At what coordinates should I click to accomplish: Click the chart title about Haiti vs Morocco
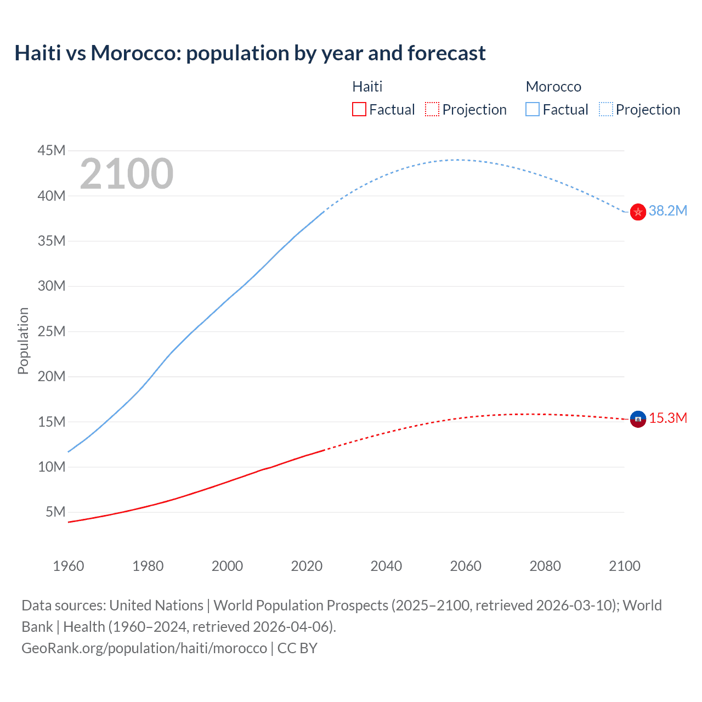[x=250, y=53]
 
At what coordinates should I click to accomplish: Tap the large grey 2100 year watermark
[x=127, y=174]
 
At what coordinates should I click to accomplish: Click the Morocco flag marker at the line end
[x=638, y=212]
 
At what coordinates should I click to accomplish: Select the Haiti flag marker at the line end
[x=638, y=419]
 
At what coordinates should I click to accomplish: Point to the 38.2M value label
[x=667, y=211]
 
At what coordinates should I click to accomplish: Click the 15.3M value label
[x=667, y=418]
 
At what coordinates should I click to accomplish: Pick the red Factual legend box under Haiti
[x=359, y=110]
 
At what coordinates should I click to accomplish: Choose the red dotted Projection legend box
[x=432, y=110]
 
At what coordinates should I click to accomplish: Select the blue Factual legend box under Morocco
[x=533, y=110]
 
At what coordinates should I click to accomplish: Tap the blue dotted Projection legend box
[x=606, y=110]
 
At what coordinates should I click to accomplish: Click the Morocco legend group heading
[x=553, y=87]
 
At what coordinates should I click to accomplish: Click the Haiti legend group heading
[x=367, y=87]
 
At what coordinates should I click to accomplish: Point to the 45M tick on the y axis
[x=52, y=150]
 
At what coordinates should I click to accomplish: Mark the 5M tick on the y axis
[x=55, y=512]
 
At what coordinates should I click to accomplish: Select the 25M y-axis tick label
[x=52, y=331]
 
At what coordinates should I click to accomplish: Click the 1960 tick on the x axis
[x=69, y=566]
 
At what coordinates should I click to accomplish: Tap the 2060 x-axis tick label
[x=466, y=566]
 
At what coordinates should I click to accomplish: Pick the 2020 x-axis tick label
[x=307, y=566]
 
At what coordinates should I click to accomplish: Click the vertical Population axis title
[x=23, y=341]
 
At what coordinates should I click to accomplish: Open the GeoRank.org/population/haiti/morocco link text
[x=144, y=648]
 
